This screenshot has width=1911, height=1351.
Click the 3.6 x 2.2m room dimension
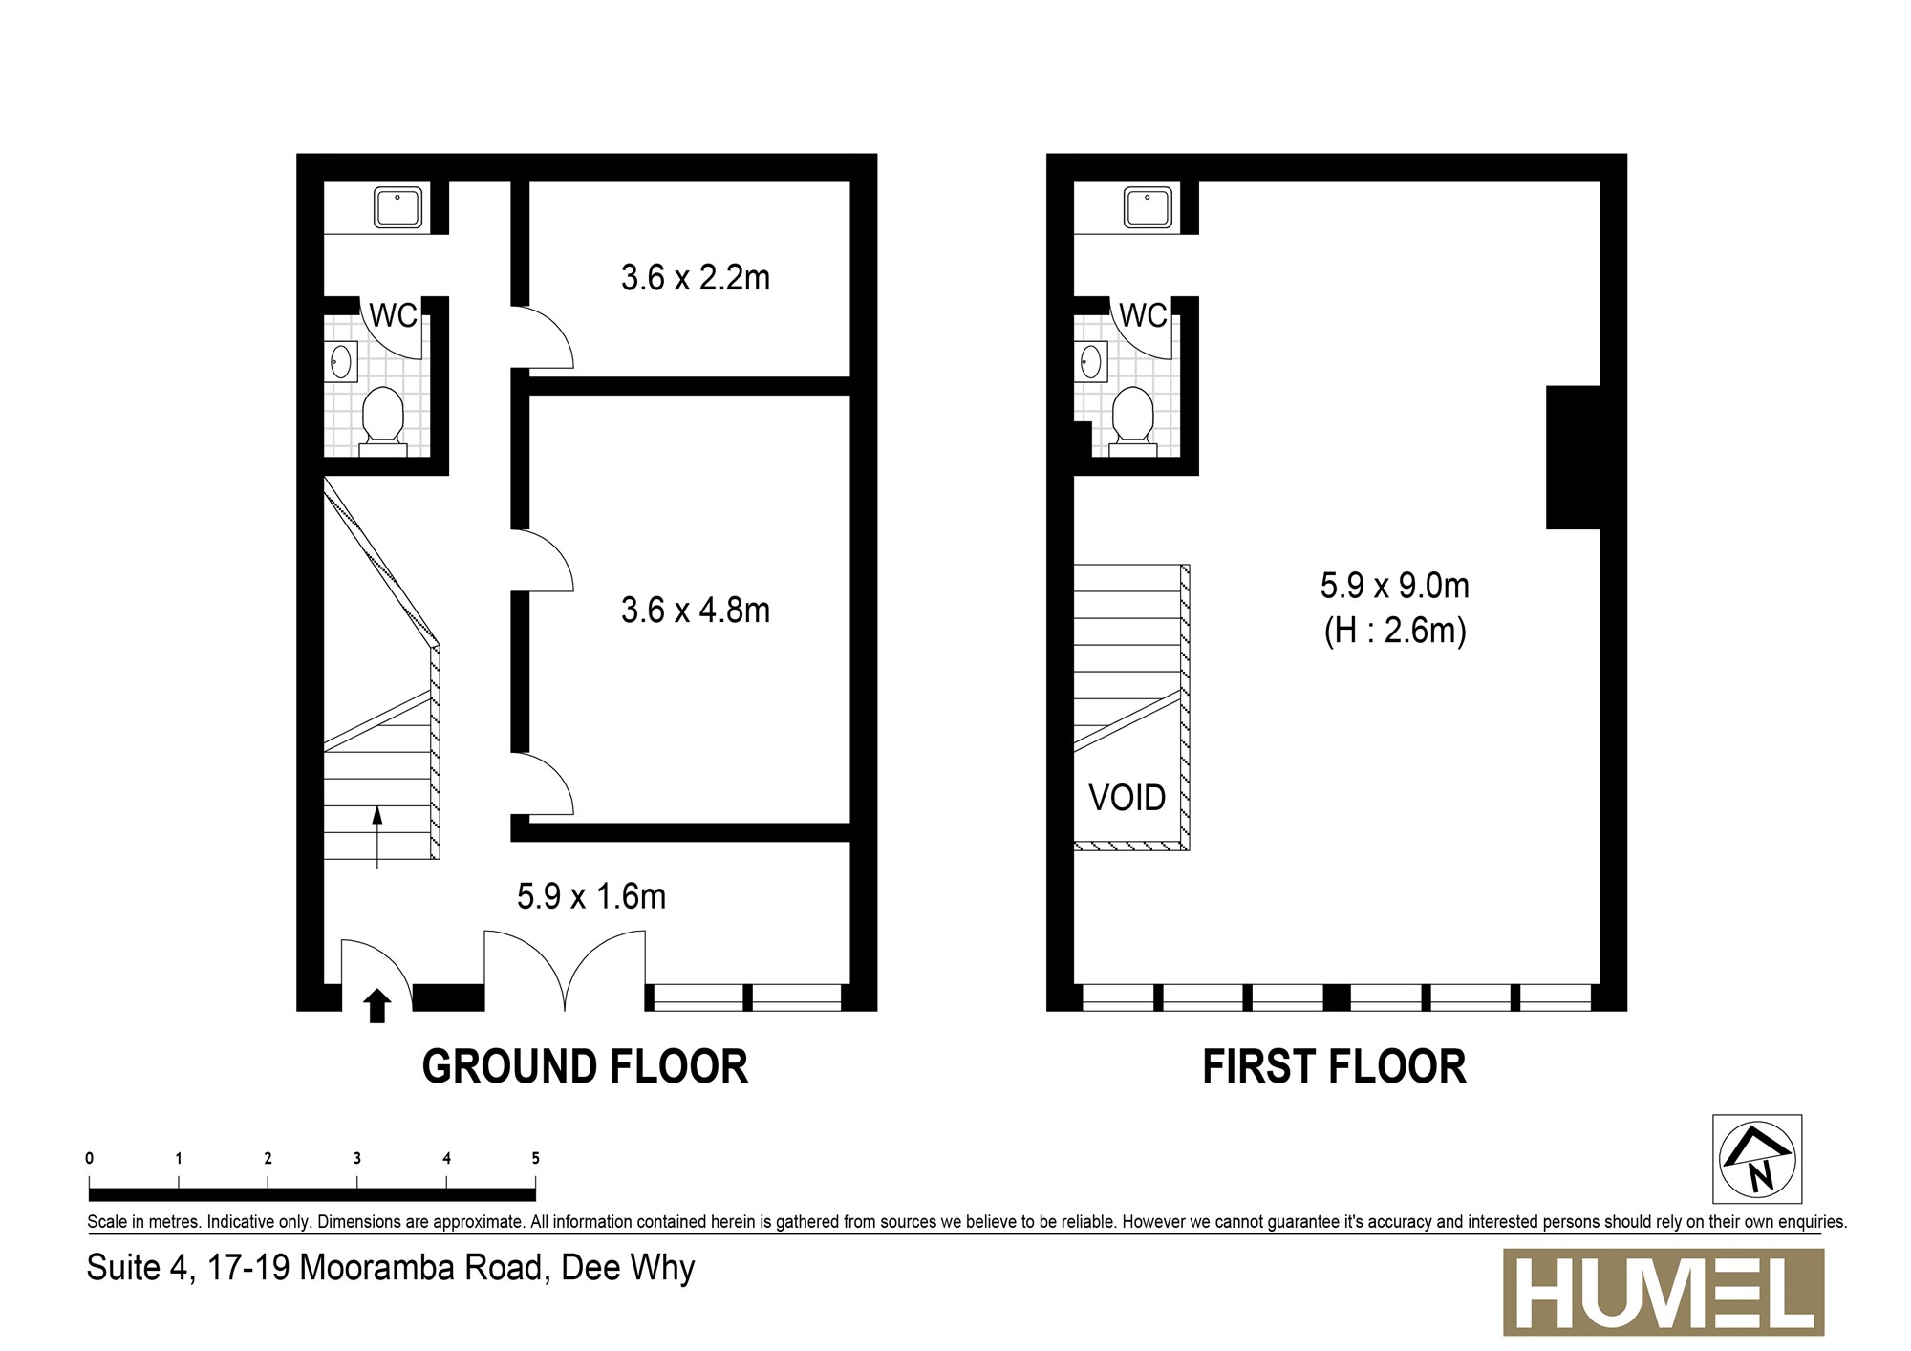(695, 277)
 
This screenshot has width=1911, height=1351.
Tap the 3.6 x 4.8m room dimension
(695, 610)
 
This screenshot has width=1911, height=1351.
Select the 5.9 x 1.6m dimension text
(591, 896)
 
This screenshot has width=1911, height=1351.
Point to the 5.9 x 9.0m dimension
(1395, 585)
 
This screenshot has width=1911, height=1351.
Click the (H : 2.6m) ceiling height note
(1395, 631)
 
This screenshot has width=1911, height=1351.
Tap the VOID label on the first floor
(1127, 797)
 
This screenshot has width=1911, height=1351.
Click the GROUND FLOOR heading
(585, 1066)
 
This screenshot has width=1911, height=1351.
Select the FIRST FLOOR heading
(1334, 1066)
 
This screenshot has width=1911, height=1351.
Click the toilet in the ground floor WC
(384, 418)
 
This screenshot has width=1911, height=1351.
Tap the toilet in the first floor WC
(1134, 418)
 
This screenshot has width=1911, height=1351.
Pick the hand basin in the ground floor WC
(341, 362)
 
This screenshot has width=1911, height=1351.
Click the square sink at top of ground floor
(398, 207)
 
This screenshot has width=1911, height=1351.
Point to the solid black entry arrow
(377, 1006)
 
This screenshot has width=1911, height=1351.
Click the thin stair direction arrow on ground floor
(377, 837)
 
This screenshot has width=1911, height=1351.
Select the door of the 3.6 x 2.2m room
(542, 336)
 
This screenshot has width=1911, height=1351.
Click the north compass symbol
(1757, 1158)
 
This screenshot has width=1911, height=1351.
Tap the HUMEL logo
(1664, 1292)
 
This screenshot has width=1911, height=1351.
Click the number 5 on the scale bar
(535, 1158)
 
